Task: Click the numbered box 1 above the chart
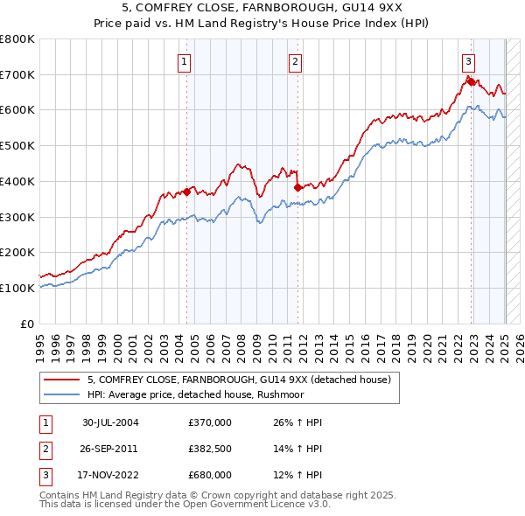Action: point(185,61)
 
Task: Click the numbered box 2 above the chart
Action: point(296,61)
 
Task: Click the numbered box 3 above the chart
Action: point(469,61)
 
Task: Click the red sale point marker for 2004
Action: point(186,192)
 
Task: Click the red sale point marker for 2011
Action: point(297,186)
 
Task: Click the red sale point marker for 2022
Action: point(470,81)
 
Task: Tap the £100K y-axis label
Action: point(17,288)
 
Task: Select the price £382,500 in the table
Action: point(210,450)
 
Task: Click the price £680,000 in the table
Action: point(210,476)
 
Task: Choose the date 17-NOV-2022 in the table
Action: point(110,476)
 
